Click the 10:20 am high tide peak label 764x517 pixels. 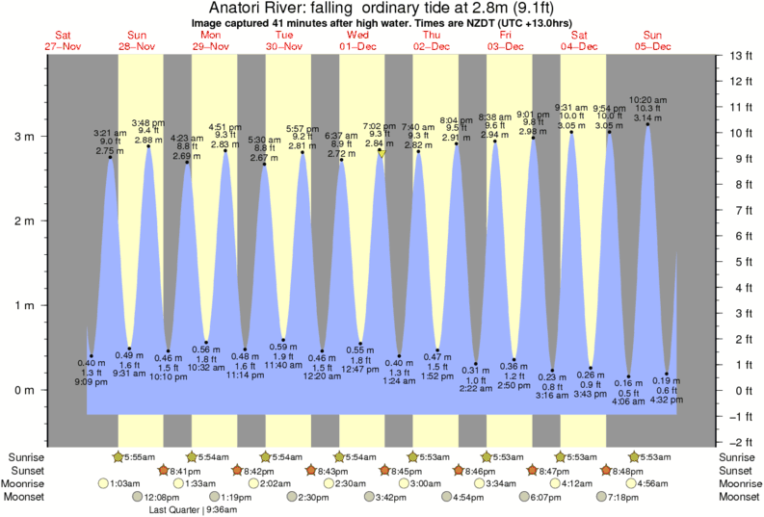[x=647, y=98]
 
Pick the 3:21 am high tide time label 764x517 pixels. [x=109, y=132]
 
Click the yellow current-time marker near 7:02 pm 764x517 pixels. [x=382, y=153]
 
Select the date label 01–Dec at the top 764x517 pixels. [x=357, y=46]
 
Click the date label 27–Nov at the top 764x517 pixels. [x=63, y=46]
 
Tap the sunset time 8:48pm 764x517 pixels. [x=624, y=470]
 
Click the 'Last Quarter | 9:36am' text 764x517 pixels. [x=193, y=510]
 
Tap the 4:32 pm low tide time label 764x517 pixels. [x=667, y=400]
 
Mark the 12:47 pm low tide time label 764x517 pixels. [x=360, y=370]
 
